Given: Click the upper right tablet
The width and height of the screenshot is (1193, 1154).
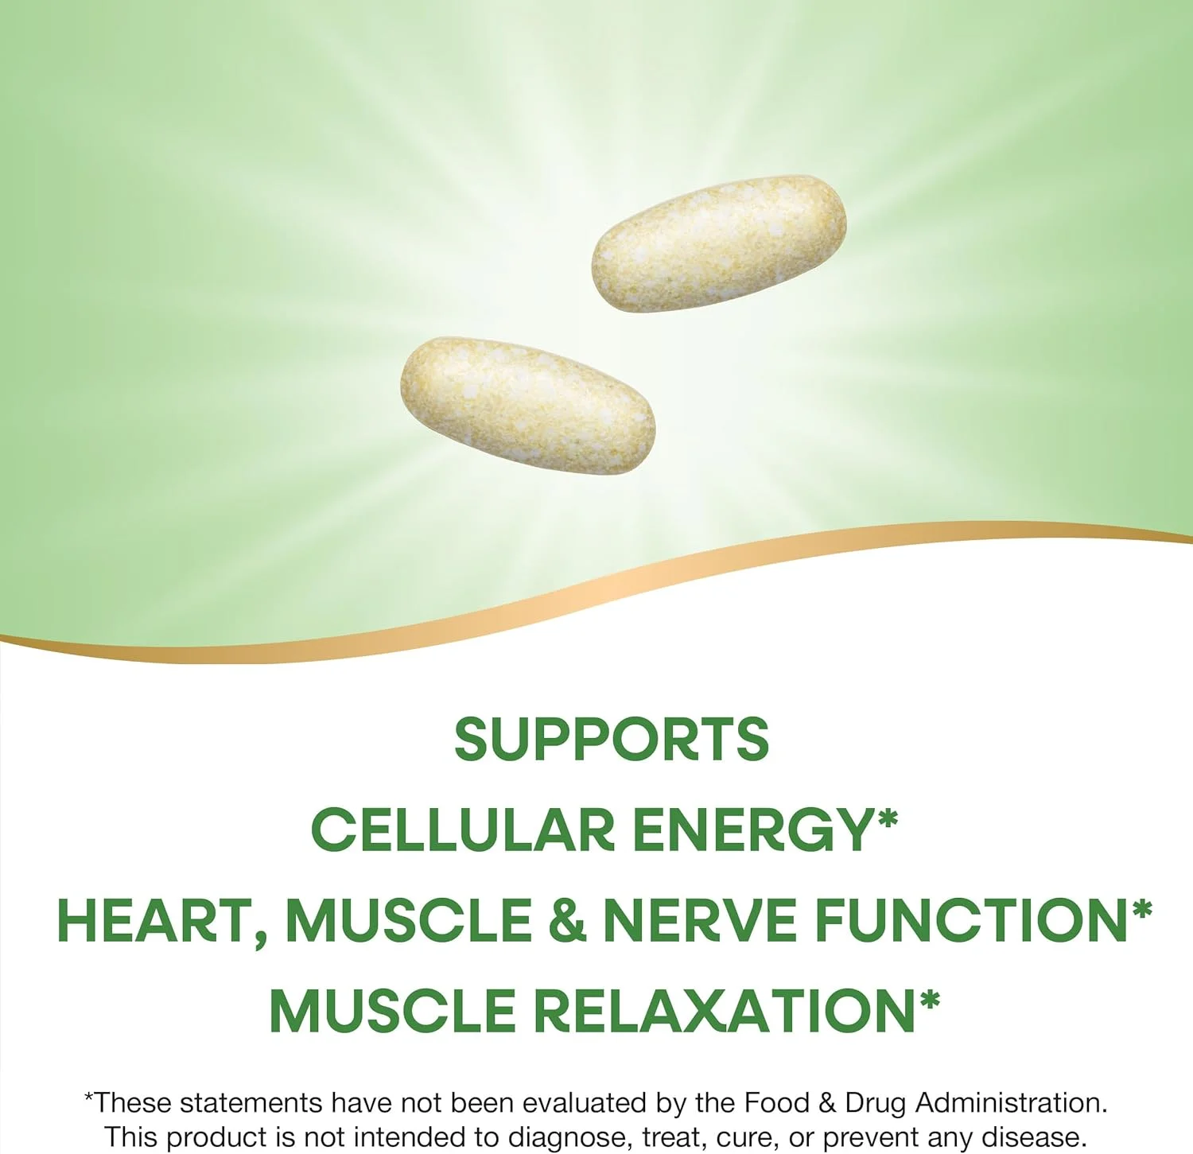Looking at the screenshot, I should point(718,243).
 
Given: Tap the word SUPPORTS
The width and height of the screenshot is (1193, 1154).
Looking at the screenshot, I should point(611,739).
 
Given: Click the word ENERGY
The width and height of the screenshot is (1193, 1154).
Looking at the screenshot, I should point(754,830).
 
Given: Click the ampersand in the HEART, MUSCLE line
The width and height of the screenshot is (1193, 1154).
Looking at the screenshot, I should point(567,921).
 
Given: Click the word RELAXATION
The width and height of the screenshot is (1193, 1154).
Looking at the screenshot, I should point(725,1011).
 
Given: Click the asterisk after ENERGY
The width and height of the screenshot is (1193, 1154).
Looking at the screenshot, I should point(887,819).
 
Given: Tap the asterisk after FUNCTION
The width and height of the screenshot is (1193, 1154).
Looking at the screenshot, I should point(1141,910).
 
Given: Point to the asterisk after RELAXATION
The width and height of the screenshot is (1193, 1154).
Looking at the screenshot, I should point(929,1001).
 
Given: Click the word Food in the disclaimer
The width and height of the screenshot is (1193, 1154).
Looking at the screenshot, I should point(776,1102).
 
